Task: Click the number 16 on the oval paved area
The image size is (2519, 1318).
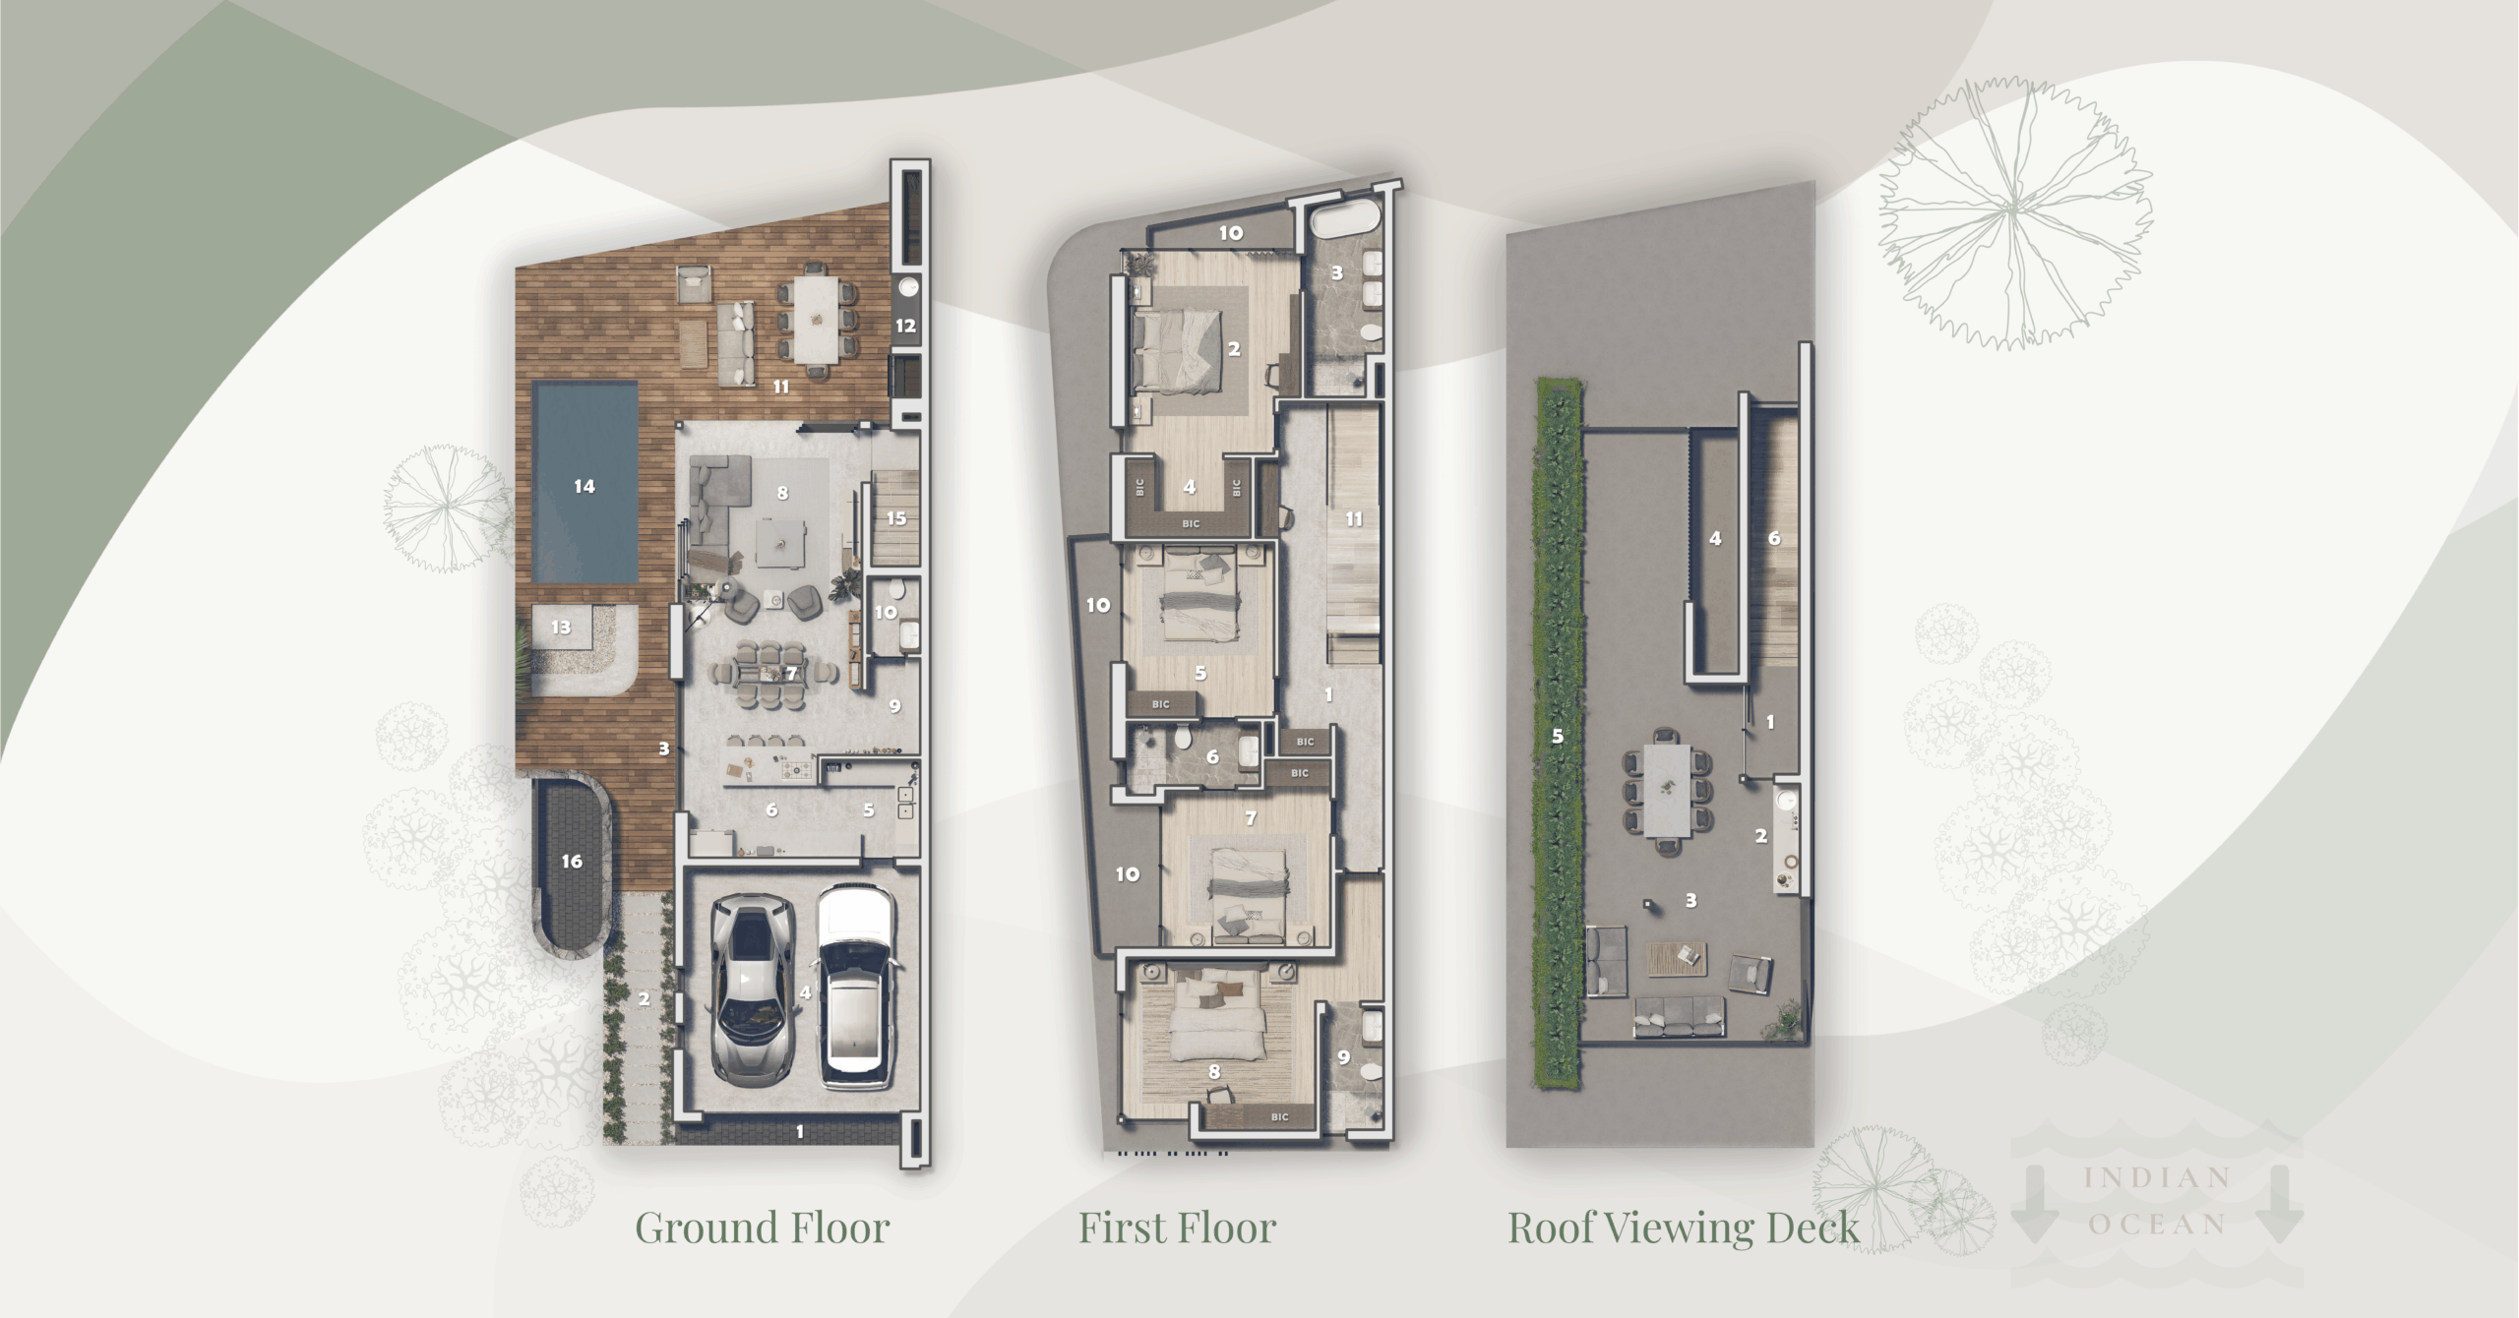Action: coord(572,862)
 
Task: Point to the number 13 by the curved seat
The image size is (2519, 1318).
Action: coord(561,628)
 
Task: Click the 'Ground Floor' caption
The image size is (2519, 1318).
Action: coord(762,1228)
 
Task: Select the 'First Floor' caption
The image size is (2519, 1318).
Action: coord(1177,1228)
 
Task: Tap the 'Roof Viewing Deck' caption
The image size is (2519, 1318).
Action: coord(1684,1228)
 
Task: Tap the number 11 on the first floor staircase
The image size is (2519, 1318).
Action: coord(1354,518)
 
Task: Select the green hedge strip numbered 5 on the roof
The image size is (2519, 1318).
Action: coord(1559,736)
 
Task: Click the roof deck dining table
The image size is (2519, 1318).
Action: coord(1668,790)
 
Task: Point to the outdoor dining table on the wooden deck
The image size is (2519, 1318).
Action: coord(817,317)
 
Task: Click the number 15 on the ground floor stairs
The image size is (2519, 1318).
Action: coord(895,518)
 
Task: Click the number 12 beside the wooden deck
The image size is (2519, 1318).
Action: coord(905,326)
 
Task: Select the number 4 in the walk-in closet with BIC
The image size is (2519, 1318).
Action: coord(1189,486)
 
